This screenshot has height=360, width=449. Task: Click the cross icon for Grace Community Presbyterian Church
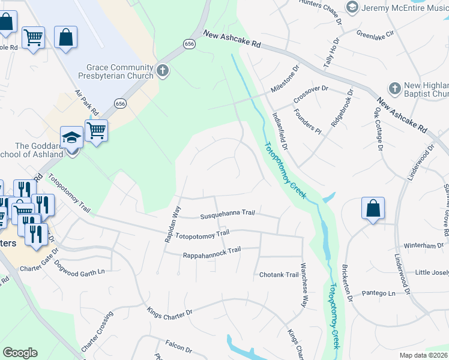click(162, 71)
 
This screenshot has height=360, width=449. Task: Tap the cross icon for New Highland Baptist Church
click(394, 88)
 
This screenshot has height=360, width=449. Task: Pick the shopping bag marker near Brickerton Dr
click(373, 208)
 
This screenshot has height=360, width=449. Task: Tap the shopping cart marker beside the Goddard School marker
click(96, 130)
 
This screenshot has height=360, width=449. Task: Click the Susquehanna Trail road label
click(228, 213)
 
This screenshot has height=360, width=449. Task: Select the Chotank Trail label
click(279, 275)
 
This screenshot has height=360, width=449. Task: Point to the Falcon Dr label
click(179, 346)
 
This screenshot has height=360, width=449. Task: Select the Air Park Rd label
click(86, 103)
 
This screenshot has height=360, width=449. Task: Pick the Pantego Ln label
click(379, 293)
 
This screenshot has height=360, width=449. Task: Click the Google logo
click(20, 353)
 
